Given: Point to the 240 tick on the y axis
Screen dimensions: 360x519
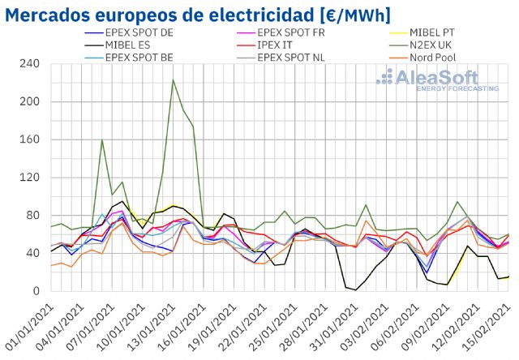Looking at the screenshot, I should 31,64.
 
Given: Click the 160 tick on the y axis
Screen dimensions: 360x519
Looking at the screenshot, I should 31,139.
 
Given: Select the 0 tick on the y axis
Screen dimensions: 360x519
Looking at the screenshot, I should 36,291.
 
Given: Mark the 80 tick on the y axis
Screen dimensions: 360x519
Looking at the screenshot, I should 33,216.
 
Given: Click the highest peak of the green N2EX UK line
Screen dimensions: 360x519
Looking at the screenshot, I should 173,79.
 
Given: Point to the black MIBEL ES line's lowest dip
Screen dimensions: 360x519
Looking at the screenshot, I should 356,289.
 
